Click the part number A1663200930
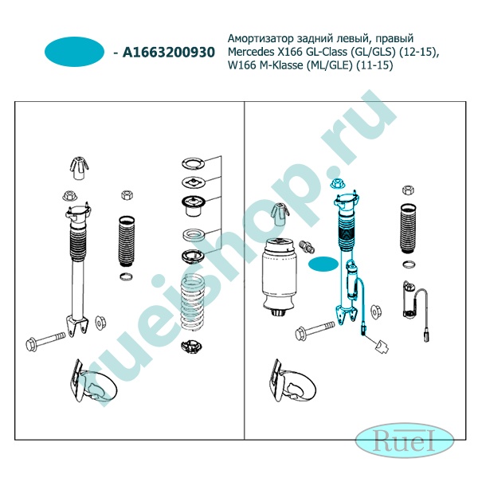point(169,52)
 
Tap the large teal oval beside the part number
point(74,52)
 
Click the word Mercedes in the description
point(251,52)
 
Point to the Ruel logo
point(405,439)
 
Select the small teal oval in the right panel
point(323,264)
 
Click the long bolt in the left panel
point(45,341)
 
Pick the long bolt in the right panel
point(315,330)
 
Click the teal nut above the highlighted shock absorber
point(338,184)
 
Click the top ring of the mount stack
point(194,163)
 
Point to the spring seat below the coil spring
point(192,347)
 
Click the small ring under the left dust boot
point(126,276)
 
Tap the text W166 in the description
point(242,65)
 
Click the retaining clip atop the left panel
point(79,167)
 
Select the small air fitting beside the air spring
point(308,247)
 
